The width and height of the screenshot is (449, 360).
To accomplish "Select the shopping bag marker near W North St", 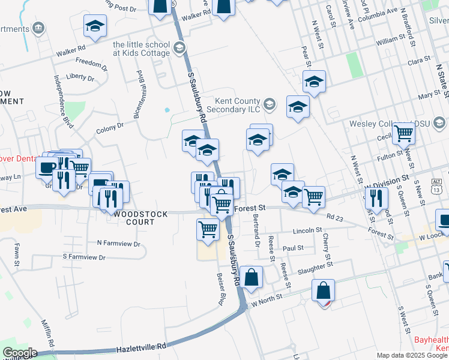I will (323, 291).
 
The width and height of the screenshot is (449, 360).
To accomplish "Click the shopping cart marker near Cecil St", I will (403, 134).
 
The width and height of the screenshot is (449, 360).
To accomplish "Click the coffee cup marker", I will (47, 166).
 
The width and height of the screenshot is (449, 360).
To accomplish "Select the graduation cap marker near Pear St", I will (314, 82).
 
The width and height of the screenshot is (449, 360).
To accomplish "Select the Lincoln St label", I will (307, 230).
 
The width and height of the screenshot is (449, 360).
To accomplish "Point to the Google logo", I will (20, 353).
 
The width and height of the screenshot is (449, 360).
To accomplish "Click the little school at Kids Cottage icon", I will (178, 47).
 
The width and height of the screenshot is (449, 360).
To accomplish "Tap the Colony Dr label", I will (110, 128).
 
